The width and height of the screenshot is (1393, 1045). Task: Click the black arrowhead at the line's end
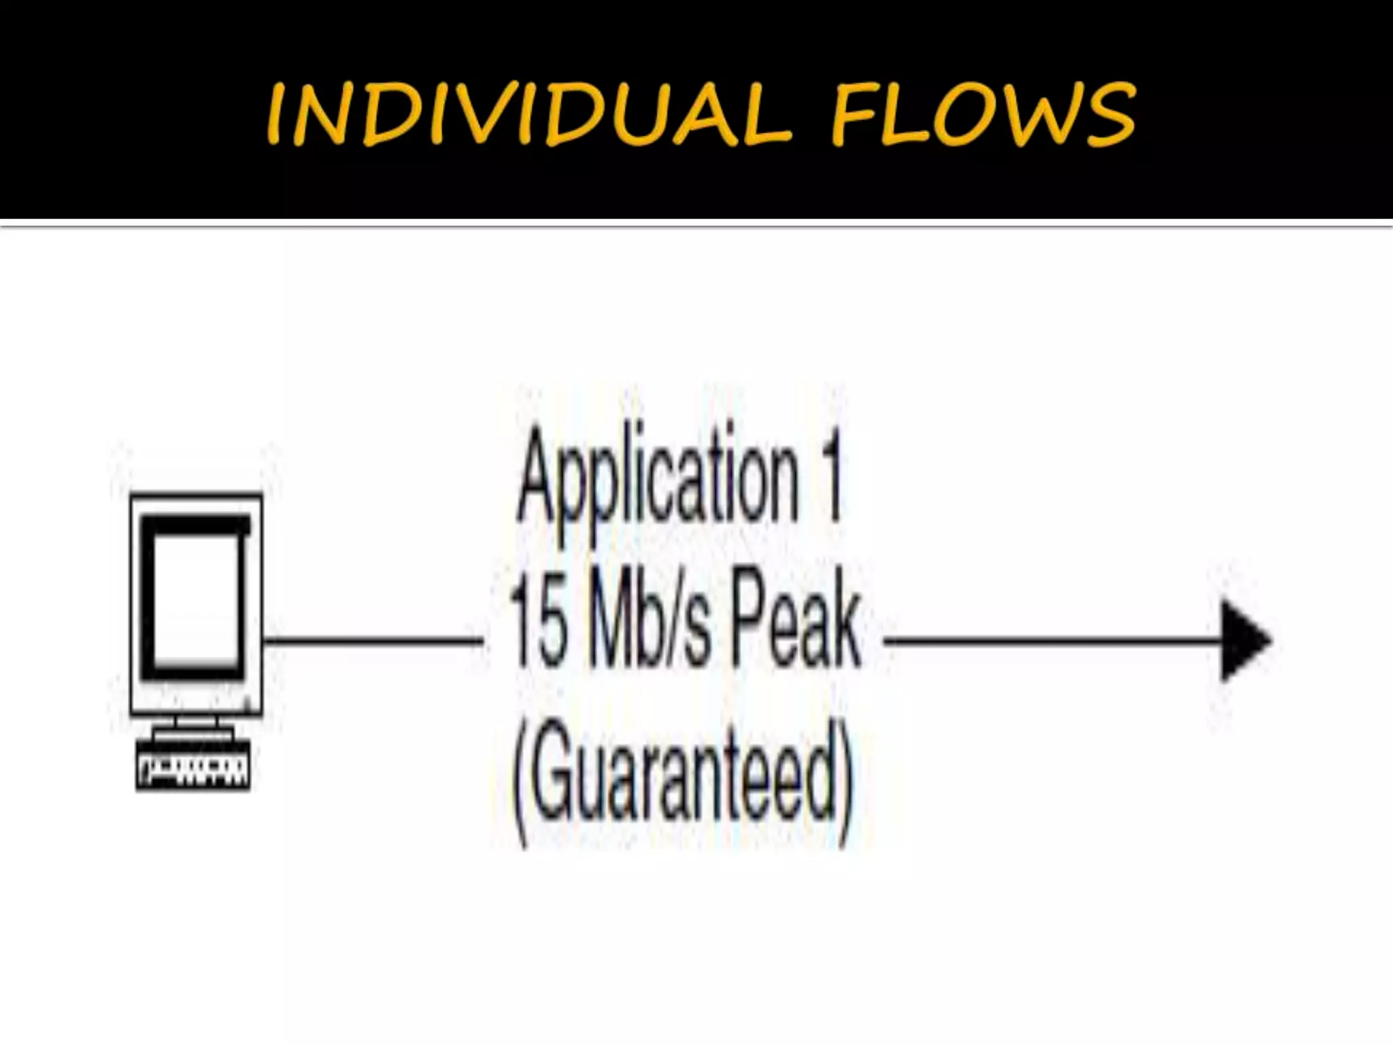(1244, 640)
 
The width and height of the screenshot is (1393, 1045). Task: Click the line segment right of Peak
(1051, 640)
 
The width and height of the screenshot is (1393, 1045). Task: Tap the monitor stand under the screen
(194, 727)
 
